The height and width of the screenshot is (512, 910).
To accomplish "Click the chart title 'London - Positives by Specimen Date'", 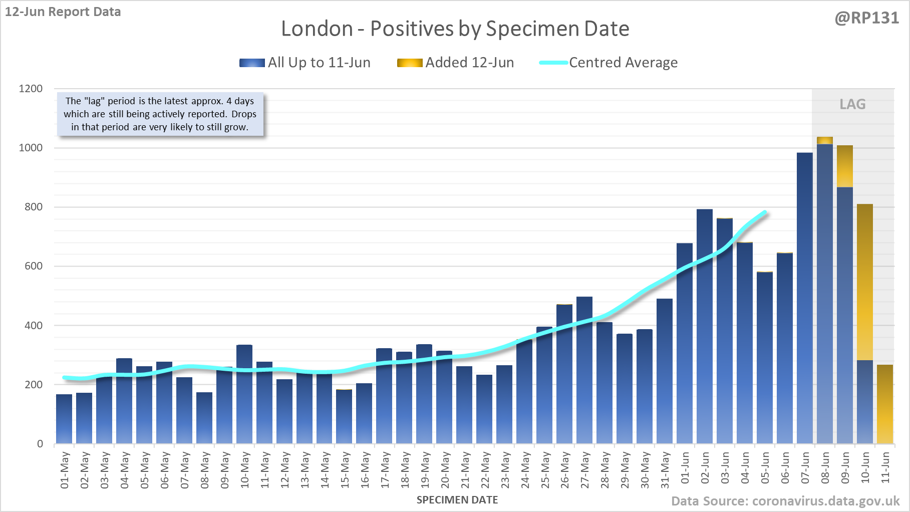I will point(455,29).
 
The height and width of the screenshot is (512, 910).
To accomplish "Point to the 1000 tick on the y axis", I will point(31,148).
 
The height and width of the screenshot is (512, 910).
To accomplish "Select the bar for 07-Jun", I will point(805,301).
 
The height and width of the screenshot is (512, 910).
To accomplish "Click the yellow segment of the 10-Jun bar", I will point(865,281).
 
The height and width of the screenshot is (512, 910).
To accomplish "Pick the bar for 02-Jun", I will point(705,326).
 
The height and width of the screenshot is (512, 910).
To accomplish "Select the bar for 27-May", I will point(584,371).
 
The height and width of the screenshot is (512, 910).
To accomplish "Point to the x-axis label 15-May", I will point(345,470).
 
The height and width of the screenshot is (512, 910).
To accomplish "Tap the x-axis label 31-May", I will point(665,470).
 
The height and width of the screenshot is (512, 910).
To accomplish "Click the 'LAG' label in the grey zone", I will point(852,104).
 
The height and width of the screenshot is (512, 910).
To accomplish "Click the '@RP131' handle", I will point(866,18).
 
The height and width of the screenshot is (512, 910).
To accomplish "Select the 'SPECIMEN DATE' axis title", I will point(457,500).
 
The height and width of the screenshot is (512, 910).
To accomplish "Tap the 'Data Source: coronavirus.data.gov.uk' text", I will point(785,501).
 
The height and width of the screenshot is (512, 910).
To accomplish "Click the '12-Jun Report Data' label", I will point(63,12).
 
